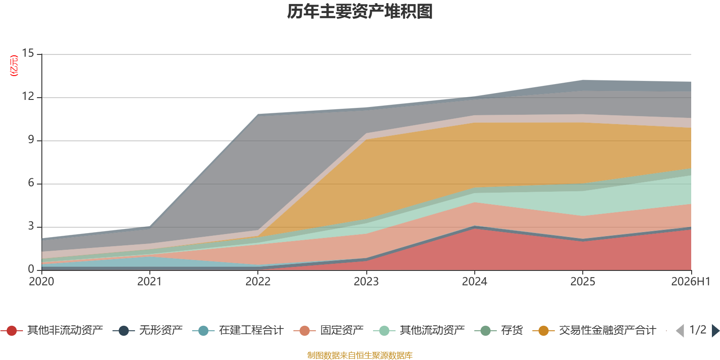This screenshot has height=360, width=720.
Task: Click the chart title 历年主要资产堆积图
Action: (360, 12)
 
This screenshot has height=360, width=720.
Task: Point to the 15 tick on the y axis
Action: (28, 53)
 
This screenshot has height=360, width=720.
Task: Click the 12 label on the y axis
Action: (28, 96)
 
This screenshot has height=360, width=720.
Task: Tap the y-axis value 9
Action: (31, 139)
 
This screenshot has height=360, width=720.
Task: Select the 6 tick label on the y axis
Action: (31, 183)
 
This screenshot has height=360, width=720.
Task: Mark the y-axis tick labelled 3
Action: (31, 226)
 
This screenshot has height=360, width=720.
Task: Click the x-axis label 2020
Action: (41, 282)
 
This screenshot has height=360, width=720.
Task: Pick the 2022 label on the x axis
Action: (258, 282)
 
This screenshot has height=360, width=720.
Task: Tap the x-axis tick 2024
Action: (474, 282)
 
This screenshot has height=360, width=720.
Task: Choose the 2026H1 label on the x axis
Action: (691, 282)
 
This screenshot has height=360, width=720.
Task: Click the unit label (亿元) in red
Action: (14, 66)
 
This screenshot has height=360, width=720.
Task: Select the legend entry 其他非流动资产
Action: (52, 330)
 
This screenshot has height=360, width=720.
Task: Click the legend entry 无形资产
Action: (148, 330)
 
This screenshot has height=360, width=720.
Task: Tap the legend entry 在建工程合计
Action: (238, 330)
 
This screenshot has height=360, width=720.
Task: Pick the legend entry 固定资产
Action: (328, 330)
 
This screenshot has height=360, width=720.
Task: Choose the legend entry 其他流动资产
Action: (419, 330)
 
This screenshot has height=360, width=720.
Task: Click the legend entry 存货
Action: (499, 330)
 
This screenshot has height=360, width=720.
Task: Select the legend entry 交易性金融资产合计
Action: (594, 330)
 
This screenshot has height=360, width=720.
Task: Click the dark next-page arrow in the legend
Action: (715, 330)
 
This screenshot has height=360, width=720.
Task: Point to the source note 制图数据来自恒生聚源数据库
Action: (360, 355)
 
